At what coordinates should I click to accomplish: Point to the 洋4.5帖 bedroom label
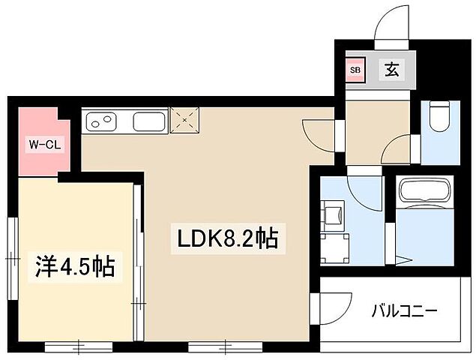[x=76, y=266]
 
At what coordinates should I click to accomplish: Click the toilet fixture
[x=440, y=115]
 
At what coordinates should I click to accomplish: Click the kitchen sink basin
[x=149, y=120]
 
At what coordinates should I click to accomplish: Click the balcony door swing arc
[x=334, y=307]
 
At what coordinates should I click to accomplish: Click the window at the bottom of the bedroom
[x=79, y=346]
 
